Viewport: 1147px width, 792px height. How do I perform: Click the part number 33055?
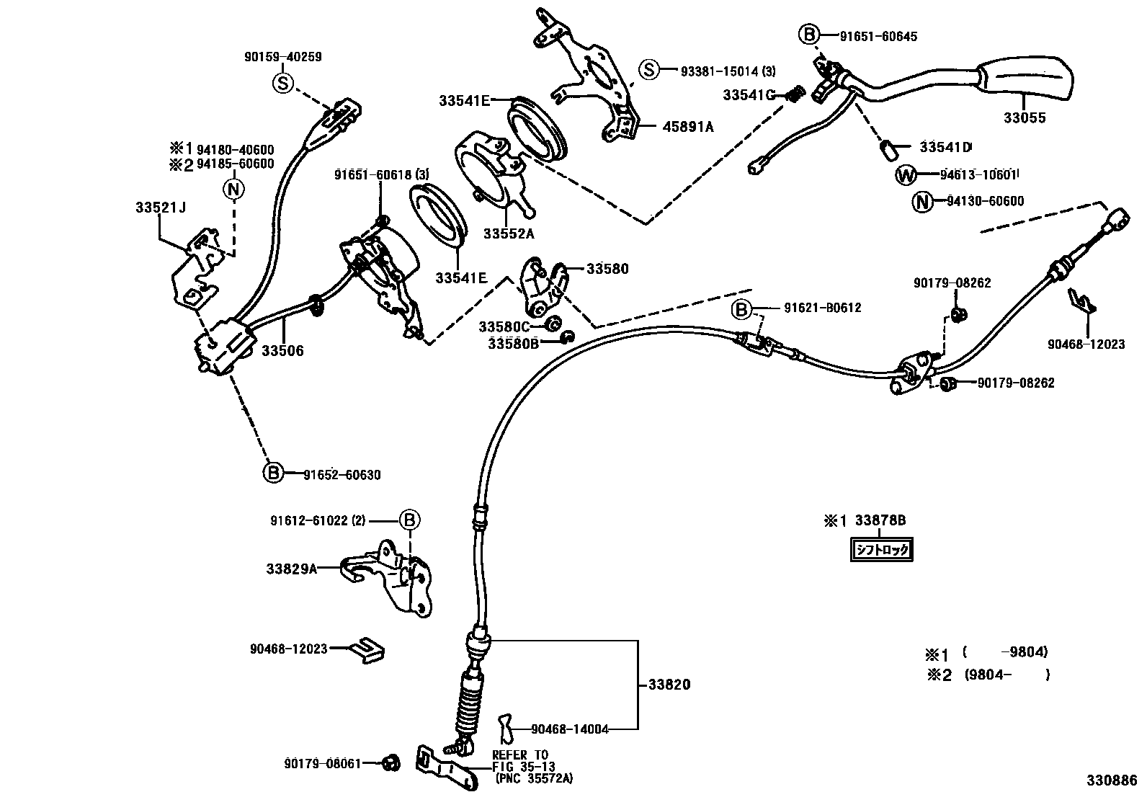pos(1025,118)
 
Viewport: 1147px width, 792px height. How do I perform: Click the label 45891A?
pos(688,128)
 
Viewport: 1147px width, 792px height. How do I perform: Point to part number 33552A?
pos(509,234)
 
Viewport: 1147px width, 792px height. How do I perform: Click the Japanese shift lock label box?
pos(882,551)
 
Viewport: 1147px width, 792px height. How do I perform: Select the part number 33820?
pos(669,685)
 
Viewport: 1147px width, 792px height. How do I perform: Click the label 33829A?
pos(292,569)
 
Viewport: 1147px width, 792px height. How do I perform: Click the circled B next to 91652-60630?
pos(273,473)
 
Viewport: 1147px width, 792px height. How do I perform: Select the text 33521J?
pos(160,208)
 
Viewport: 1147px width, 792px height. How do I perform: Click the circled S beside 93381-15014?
pos(650,70)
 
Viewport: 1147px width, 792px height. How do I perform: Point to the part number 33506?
pos(282,351)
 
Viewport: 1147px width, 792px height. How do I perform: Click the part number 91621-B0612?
pos(822,308)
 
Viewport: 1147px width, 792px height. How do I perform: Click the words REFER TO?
pos(519,755)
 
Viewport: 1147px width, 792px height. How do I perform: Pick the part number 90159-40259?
pos(282,56)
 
